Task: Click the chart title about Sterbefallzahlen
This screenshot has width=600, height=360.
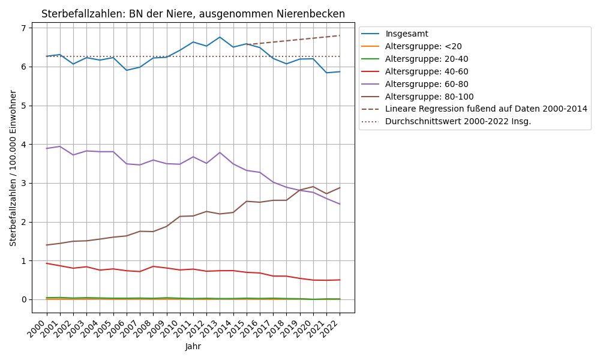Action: [193, 14]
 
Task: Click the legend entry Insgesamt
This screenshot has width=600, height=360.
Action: [407, 34]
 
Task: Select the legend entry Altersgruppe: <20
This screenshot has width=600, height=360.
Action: [424, 46]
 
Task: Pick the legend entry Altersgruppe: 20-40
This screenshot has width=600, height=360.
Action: [427, 59]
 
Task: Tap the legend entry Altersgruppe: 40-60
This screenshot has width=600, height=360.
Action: [427, 71]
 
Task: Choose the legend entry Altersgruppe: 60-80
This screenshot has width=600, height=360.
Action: [427, 84]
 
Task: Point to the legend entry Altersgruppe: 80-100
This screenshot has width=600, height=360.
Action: [429, 96]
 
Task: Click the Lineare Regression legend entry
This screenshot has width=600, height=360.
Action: [486, 109]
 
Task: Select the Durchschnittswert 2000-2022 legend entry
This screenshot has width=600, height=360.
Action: [458, 121]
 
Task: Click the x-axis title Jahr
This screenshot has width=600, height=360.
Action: [193, 346]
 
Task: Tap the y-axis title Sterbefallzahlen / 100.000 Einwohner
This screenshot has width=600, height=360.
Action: [13, 168]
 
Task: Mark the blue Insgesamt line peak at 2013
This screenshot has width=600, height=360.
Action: [220, 37]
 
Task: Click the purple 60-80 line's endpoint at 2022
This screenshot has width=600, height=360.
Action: [340, 204]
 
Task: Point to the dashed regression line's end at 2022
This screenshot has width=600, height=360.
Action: [340, 35]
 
